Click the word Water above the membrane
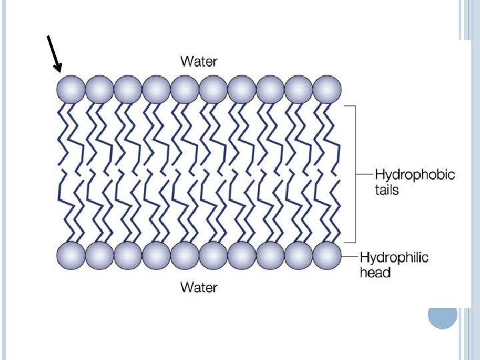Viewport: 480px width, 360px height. (x=199, y=62)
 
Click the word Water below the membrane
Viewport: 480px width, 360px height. (x=199, y=287)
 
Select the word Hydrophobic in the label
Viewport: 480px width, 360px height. (x=415, y=175)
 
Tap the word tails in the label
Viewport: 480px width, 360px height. (x=387, y=190)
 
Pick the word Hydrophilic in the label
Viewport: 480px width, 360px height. (x=394, y=257)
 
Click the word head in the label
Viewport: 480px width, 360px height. (x=375, y=272)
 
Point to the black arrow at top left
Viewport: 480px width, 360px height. (x=54, y=53)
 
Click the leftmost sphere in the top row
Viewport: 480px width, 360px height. (x=71, y=89)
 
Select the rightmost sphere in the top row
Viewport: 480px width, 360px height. (x=327, y=89)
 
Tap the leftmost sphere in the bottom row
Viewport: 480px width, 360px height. (x=71, y=255)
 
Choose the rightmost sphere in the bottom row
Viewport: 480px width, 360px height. (x=327, y=255)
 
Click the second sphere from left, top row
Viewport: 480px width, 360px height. (x=99, y=89)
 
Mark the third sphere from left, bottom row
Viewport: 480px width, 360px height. (x=128, y=255)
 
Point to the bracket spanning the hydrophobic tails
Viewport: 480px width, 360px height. (x=355, y=173)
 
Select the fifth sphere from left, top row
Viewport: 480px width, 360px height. (x=185, y=89)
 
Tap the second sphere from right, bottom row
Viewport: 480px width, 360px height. (x=299, y=255)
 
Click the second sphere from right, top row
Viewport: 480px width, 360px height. (x=299, y=89)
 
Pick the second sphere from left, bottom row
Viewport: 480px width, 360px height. (x=99, y=255)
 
